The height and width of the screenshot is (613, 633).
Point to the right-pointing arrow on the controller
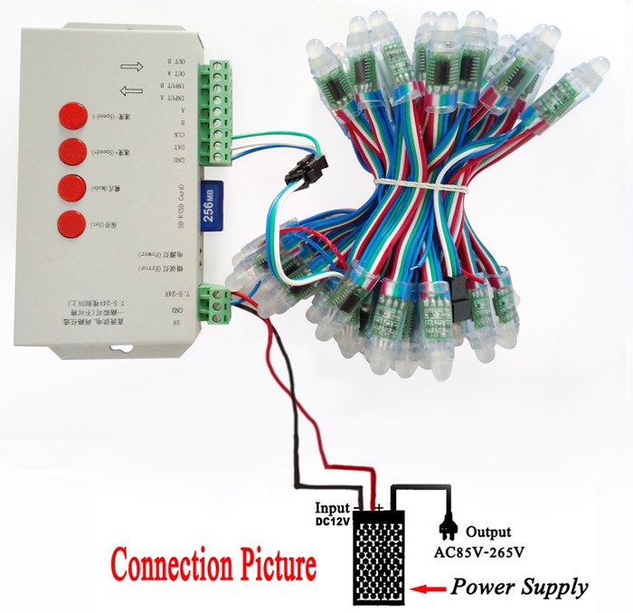[133, 66]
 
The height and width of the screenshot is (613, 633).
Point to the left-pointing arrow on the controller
[132, 89]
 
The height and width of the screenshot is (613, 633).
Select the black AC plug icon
[447, 526]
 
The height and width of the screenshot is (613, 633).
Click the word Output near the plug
[489, 532]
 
